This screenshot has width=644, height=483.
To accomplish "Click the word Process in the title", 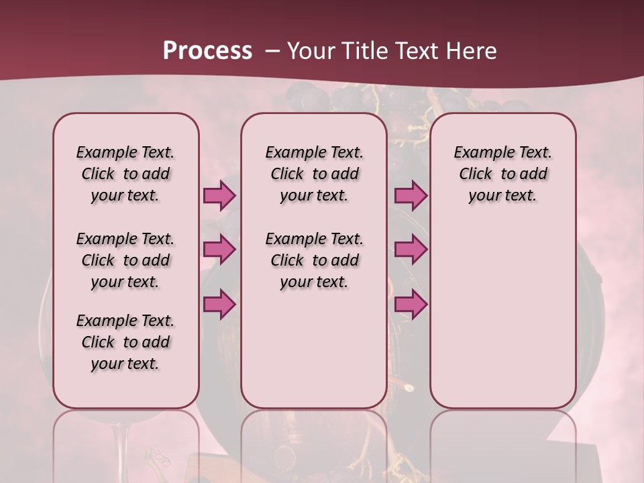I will (207, 50).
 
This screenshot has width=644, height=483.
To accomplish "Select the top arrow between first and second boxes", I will (219, 196).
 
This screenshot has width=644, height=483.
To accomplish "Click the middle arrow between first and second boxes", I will (219, 250).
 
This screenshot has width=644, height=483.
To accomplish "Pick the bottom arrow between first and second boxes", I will (219, 304).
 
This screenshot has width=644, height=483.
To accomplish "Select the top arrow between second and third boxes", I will (411, 196).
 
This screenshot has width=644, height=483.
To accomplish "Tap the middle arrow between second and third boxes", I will (411, 250).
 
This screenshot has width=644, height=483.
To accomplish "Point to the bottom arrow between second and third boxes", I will (411, 304).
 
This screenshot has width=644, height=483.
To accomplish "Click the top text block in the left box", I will (125, 174).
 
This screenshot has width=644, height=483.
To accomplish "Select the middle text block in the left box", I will (125, 260).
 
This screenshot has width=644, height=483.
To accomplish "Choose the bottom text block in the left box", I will (125, 342).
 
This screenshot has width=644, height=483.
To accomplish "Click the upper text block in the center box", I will (314, 174).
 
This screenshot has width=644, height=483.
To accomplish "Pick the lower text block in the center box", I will (314, 260).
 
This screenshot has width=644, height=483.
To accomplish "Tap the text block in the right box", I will (502, 174).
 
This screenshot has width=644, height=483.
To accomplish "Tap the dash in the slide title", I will (272, 51).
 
